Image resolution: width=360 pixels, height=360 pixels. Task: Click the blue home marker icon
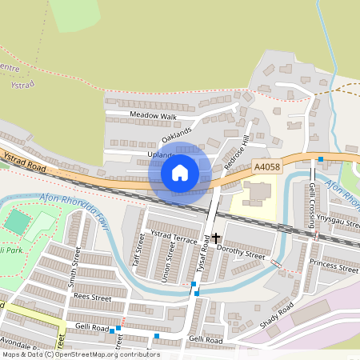coord(180,172)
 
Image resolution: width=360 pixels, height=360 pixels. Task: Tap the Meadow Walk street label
coord(153,117)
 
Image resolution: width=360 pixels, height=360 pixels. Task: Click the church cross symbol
coord(216,238)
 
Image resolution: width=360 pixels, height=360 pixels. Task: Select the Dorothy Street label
coord(241,254)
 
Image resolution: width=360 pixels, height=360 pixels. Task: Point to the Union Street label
coord(170,258)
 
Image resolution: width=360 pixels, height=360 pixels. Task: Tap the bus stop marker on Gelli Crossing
coord(320,160)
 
